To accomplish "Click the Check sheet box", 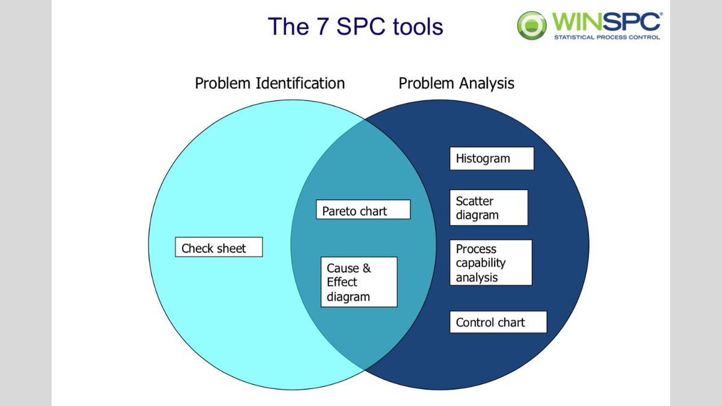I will (218, 248).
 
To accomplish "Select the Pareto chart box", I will (363, 210).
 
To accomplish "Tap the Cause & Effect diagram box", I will (359, 282).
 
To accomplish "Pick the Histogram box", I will (491, 159).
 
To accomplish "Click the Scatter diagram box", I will (489, 208).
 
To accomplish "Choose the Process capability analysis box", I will (490, 263).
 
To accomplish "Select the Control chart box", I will (498, 322).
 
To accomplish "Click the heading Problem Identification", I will (270, 83).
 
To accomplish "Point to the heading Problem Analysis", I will (456, 83).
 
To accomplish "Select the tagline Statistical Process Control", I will (606, 37).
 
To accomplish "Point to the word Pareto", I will (340, 211).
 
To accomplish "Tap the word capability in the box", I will (480, 263).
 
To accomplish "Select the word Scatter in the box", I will (474, 201).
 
